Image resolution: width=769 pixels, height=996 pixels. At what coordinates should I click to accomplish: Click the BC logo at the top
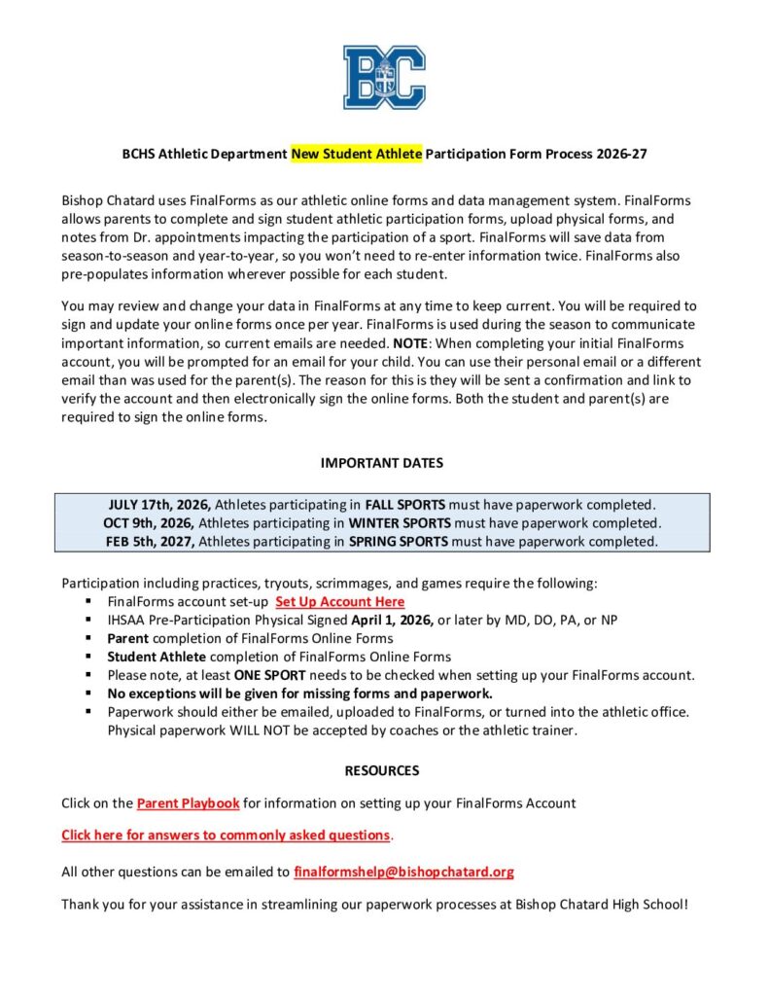(x=384, y=77)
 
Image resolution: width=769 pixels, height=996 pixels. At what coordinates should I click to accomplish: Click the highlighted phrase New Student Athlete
(x=357, y=154)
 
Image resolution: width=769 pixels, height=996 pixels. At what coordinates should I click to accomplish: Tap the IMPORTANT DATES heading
(x=382, y=463)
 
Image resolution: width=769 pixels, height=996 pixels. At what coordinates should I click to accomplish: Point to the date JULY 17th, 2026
(x=159, y=505)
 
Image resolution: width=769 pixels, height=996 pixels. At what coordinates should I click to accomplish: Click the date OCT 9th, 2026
(x=150, y=523)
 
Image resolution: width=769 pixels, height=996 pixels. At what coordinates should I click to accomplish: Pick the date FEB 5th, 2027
(x=151, y=542)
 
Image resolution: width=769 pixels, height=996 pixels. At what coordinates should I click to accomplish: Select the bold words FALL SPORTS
(x=405, y=505)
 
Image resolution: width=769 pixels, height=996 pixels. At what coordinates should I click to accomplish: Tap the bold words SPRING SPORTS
(x=399, y=542)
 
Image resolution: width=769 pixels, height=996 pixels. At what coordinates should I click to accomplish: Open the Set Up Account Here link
(x=339, y=602)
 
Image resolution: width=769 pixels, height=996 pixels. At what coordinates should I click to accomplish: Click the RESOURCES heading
(x=382, y=770)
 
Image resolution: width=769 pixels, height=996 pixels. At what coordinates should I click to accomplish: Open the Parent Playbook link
(x=188, y=803)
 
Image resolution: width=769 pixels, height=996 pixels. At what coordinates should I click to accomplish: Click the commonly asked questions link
(x=226, y=835)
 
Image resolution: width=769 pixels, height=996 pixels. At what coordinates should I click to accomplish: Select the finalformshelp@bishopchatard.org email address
(x=403, y=871)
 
